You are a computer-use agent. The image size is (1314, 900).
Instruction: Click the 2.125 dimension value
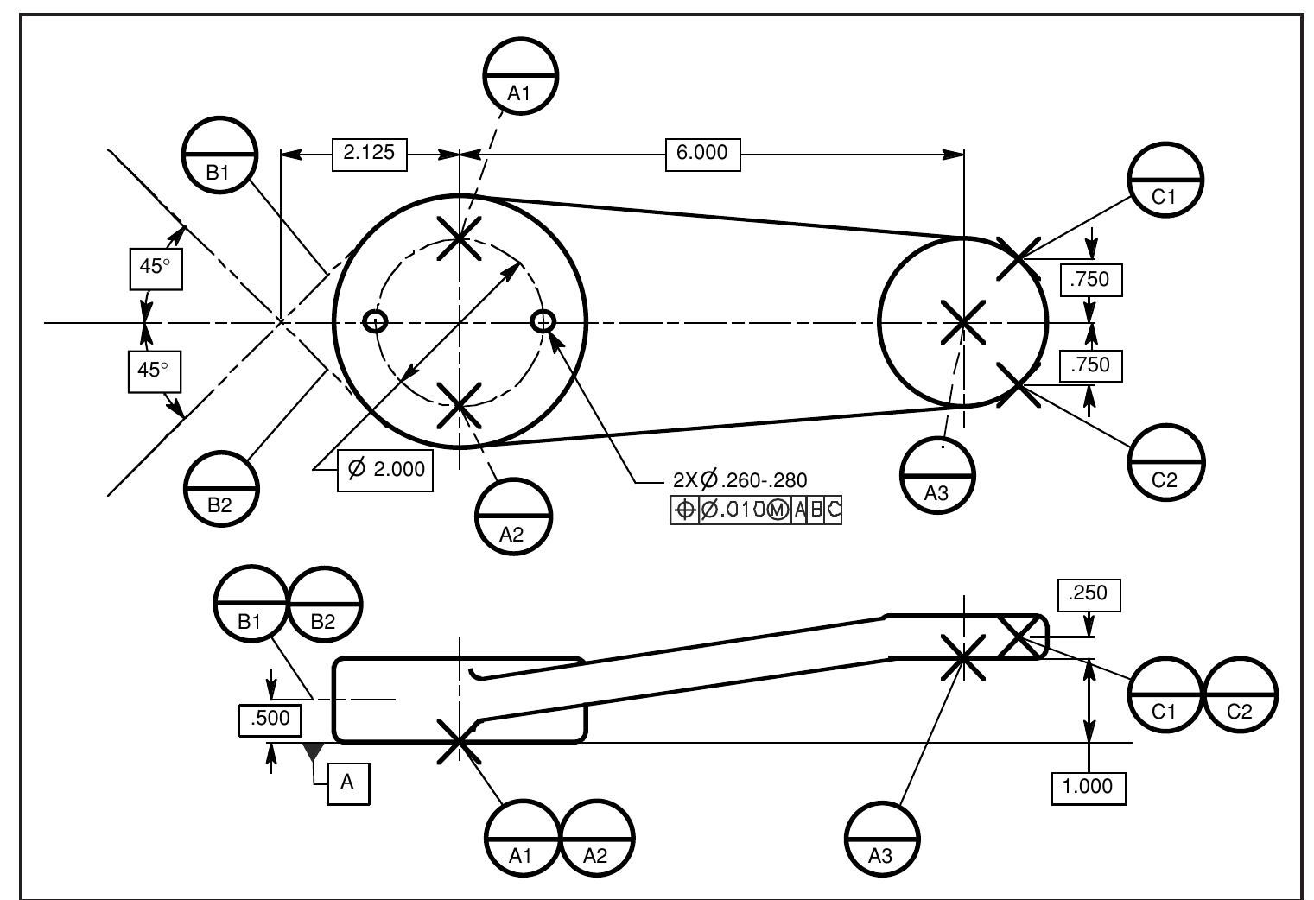369,154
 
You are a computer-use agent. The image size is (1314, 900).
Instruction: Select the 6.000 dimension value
701,154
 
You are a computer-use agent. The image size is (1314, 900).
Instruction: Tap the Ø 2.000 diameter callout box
385,469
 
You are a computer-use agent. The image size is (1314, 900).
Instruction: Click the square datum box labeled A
348,783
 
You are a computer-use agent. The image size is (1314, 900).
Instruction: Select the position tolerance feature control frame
756,510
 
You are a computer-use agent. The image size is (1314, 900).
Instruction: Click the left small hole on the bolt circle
375,322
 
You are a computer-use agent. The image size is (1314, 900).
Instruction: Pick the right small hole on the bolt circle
543,322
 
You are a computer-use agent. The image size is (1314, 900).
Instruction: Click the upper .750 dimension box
1090,280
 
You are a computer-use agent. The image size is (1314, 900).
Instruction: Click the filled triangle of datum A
313,752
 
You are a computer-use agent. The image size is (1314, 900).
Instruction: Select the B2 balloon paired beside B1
324,603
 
